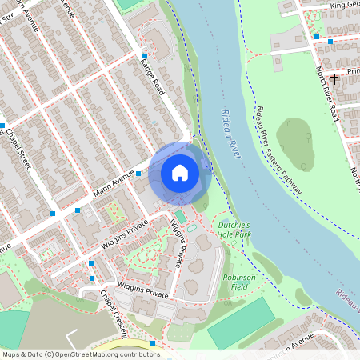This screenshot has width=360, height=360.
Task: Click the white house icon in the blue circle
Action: click(x=180, y=172)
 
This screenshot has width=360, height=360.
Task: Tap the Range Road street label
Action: click(x=151, y=77)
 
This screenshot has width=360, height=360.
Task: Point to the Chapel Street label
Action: click(x=19, y=149)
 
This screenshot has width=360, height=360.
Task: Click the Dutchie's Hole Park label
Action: click(x=234, y=230)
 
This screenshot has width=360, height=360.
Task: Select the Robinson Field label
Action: click(x=238, y=280)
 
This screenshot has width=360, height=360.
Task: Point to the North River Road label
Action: click(x=326, y=94)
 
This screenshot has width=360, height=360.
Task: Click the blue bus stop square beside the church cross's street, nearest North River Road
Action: click(x=330, y=41)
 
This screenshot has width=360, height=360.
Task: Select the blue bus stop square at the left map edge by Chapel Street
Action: click(x=2, y=126)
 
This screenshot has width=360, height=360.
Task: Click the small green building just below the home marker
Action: click(x=181, y=217)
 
